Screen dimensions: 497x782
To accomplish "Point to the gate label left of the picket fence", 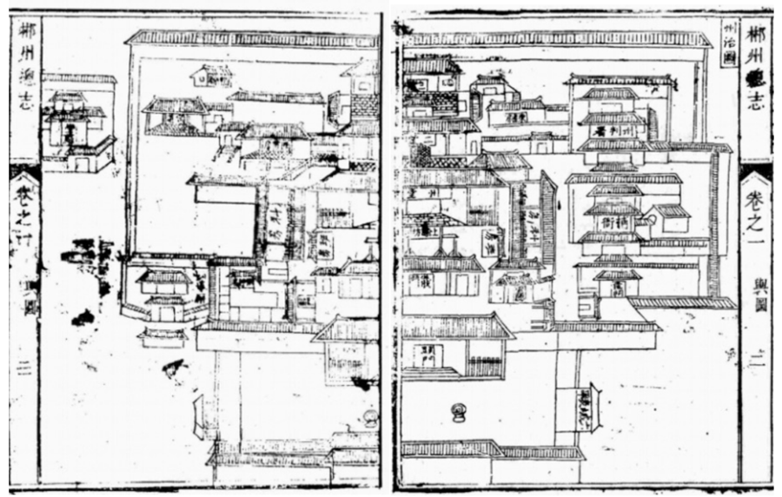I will [x=428, y=355].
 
